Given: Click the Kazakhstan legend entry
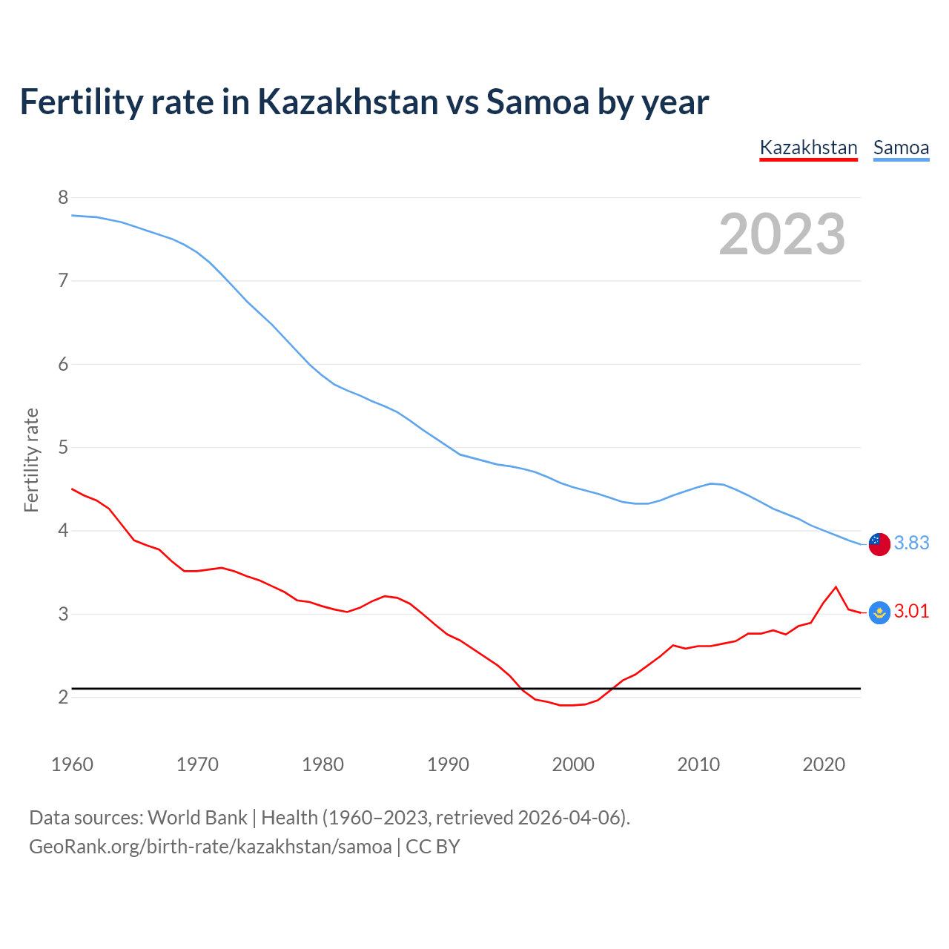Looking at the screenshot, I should click(x=808, y=148).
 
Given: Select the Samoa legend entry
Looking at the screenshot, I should click(x=901, y=148).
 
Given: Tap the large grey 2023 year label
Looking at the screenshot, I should click(x=782, y=234).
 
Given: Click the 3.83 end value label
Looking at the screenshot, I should click(x=911, y=543).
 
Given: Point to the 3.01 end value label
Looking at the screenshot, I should click(x=911, y=611).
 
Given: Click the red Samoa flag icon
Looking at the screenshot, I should click(x=879, y=543).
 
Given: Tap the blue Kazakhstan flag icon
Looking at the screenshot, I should click(x=879, y=612).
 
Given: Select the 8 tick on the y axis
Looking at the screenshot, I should click(x=63, y=197).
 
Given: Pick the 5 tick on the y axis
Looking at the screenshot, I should click(x=63, y=447).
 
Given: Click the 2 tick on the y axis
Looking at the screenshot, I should click(x=63, y=697).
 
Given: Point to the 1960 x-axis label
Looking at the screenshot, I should click(x=72, y=764).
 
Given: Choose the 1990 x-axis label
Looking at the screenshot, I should click(x=448, y=764).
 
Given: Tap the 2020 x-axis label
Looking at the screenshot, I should click(x=824, y=764).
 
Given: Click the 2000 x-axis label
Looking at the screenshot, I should click(x=573, y=764).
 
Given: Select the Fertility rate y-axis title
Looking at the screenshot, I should click(x=31, y=460).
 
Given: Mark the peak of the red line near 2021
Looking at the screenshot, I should click(x=836, y=587).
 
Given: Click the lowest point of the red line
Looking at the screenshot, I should click(x=567, y=705).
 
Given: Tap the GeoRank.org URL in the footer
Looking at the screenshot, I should click(x=210, y=847).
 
